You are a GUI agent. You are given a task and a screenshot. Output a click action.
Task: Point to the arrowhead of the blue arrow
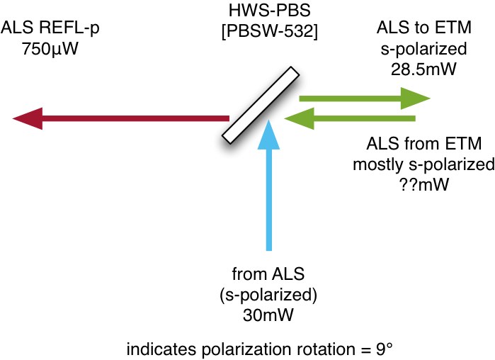point(268,135)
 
